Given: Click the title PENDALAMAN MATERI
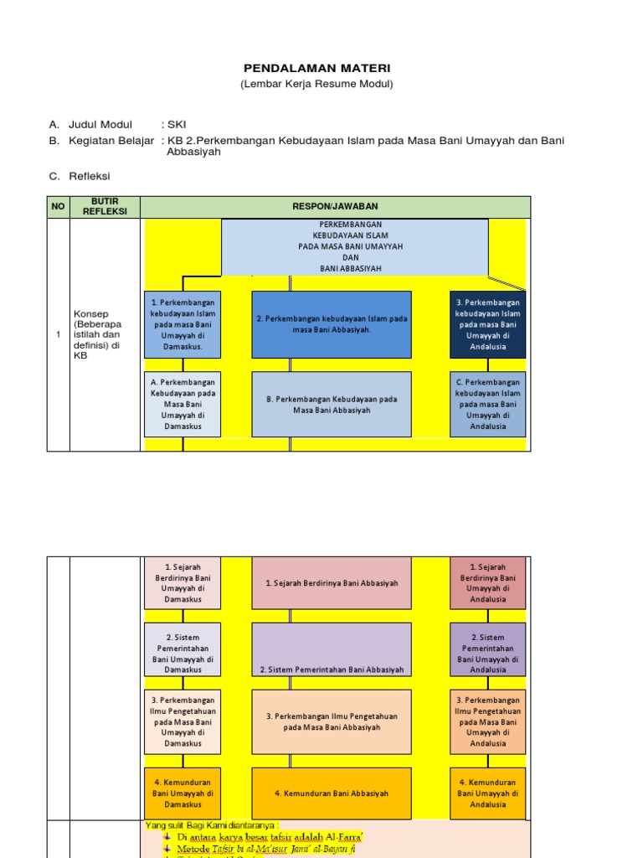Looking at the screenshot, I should point(316,68).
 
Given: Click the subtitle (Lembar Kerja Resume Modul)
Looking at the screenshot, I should point(316,84).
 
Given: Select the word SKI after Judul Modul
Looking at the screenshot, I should point(177,125).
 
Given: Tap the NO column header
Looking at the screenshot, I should point(58,206).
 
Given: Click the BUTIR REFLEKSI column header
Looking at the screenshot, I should point(105,206).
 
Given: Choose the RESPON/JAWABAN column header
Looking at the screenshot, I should point(335,206).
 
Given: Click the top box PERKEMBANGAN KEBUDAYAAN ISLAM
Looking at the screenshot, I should point(354,246).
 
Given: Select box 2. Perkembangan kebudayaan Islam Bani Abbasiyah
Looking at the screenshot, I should point(332,324).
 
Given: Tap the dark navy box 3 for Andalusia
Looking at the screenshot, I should point(488,324).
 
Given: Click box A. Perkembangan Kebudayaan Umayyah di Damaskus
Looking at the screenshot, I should point(183,404).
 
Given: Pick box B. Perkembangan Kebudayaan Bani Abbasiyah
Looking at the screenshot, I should point(332,404).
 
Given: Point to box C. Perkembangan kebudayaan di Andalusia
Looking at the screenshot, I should point(488,404).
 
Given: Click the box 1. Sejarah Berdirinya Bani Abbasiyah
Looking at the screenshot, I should point(332,583).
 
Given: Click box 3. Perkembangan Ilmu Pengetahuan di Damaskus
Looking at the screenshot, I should point(183,721).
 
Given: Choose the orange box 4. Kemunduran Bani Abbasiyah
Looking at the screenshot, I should point(332,793).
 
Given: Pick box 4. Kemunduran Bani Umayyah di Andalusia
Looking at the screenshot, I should point(488,793).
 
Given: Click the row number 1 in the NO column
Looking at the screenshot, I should point(58,334).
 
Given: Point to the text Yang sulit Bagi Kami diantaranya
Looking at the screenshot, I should point(212,824).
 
